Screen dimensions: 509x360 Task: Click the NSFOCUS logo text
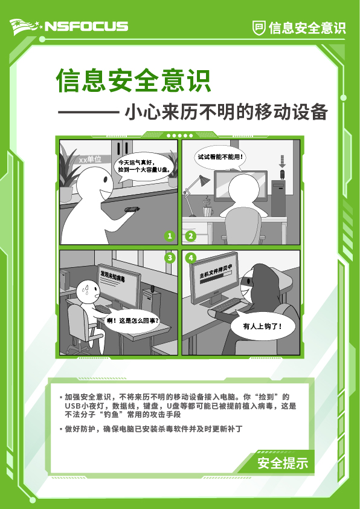86,26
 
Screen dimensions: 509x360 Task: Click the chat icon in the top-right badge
259,27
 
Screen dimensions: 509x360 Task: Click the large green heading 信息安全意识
133,80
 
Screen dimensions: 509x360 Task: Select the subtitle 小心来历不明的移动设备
225,112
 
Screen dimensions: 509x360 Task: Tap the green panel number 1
170,236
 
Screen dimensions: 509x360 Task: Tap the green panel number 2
190,236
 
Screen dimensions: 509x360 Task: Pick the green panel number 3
170,258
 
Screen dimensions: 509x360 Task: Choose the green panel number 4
191,258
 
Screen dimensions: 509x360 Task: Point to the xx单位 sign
90,160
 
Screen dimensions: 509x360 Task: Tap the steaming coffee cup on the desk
208,209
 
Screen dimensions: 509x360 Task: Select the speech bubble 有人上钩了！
262,326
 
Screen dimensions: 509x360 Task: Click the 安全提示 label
283,464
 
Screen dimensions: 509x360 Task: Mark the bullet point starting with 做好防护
154,429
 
